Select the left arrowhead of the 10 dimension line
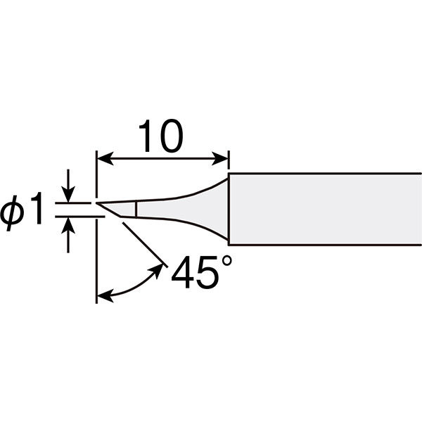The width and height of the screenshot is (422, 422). point(104,159)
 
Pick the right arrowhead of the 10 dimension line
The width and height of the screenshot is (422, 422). point(220,159)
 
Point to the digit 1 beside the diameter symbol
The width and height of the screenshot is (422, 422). point(37,208)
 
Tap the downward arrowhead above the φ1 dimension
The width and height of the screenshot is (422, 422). point(68,195)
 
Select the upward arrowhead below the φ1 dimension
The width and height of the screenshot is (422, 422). point(68,226)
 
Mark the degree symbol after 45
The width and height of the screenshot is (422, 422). point(226,261)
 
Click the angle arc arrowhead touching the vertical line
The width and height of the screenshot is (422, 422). point(104,296)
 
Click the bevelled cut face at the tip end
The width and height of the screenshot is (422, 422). point(109,210)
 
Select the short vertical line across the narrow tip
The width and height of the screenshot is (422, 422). point(136,209)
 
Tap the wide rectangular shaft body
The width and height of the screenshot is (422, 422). point(325,209)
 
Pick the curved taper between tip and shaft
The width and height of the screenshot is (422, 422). point(183,209)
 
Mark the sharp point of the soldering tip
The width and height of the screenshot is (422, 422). point(96,203)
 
